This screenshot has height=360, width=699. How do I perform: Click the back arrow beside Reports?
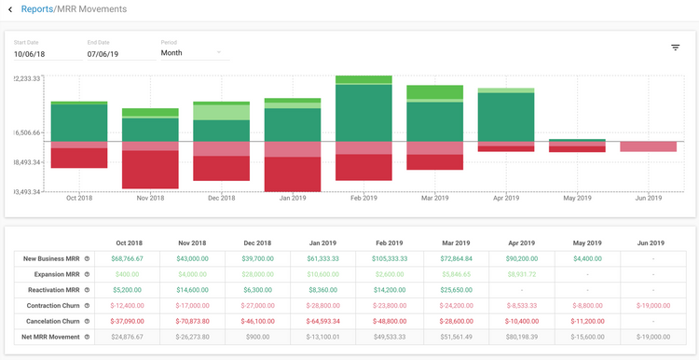click(10, 9)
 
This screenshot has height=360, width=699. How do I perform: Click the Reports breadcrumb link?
click(38, 9)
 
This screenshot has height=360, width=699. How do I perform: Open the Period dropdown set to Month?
click(191, 53)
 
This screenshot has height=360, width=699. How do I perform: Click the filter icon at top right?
click(675, 48)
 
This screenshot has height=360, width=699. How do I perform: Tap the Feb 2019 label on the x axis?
click(363, 198)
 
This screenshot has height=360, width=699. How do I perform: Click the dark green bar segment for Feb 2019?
click(363, 113)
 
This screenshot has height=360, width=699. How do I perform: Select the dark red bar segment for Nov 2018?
click(150, 170)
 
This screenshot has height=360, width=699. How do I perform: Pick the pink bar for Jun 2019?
click(648, 146)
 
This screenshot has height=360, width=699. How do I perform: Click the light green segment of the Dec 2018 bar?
click(221, 112)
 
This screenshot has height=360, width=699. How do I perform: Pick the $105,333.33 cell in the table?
click(363, 257)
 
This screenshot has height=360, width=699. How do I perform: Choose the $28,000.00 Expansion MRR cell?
click(221, 273)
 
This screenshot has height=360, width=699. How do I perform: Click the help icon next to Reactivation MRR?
click(86, 289)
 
